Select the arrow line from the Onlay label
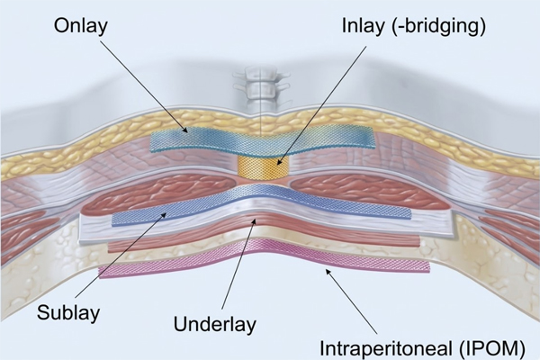point(144,85)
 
